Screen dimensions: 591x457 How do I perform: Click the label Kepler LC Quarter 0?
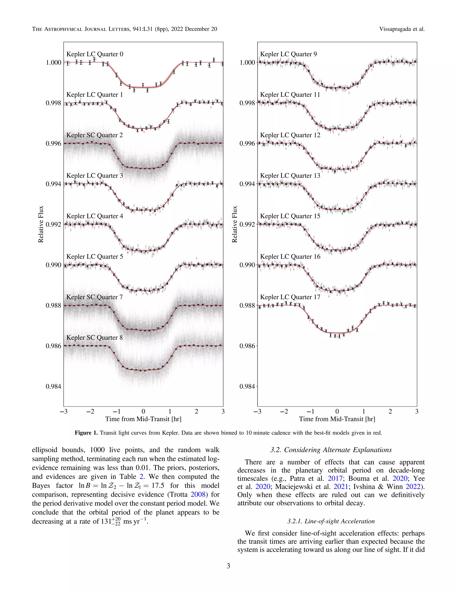[95, 54]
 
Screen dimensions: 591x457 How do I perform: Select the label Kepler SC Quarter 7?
[94, 297]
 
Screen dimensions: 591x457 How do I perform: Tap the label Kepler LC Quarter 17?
[290, 297]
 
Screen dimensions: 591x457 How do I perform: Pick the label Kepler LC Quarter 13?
[290, 176]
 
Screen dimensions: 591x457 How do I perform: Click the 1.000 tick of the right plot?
[247, 62]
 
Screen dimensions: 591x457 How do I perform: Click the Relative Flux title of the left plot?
[41, 224]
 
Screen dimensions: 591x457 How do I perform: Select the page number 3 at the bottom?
[228, 566]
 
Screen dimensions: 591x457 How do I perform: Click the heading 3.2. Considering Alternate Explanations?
[331, 450]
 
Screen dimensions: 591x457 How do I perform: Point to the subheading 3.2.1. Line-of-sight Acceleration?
[331, 521]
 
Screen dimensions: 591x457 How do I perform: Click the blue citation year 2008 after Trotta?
[198, 494]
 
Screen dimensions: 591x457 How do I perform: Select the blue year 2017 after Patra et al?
[335, 478]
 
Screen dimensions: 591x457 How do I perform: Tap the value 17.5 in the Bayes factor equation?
[158, 486]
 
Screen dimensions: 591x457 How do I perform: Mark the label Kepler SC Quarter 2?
[94, 135]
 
